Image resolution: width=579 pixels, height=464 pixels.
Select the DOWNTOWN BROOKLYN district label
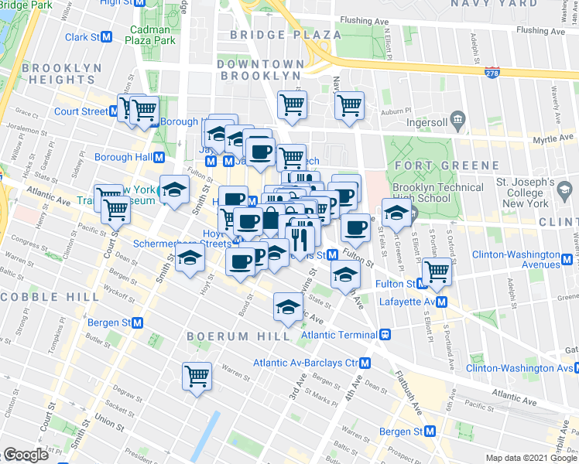click(x=259, y=70)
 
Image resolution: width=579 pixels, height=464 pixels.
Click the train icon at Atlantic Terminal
click(x=384, y=335)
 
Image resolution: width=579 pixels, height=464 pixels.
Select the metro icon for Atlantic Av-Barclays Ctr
click(x=365, y=363)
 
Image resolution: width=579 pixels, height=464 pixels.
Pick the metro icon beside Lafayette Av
click(x=440, y=301)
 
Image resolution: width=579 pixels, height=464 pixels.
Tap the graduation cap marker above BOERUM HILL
click(x=287, y=308)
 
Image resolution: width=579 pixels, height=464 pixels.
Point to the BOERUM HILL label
click(x=238, y=336)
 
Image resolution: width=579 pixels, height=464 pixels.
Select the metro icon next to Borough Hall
click(x=159, y=157)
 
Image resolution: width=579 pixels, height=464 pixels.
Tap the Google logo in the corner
click(x=26, y=455)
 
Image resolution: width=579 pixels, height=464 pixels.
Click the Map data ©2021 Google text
click(x=530, y=458)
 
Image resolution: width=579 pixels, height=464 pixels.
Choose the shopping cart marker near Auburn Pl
click(x=349, y=104)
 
